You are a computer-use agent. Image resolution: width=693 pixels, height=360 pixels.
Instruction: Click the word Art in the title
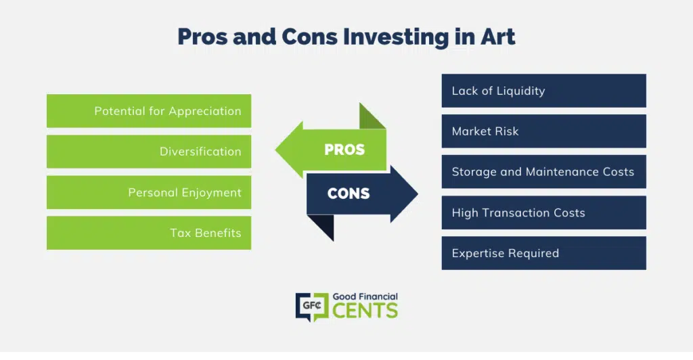pyautogui.click(x=498, y=37)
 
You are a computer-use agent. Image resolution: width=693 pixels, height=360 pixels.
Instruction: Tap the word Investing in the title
pyautogui.click(x=396, y=37)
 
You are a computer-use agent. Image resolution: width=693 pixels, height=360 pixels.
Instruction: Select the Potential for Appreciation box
pyautogui.click(x=149, y=111)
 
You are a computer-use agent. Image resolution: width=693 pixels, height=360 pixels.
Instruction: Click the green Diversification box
pyautogui.click(x=149, y=152)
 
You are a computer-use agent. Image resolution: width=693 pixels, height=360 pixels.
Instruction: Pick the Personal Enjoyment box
pyautogui.click(x=149, y=192)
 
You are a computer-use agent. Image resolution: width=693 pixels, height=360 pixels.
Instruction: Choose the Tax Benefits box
pyautogui.click(x=149, y=233)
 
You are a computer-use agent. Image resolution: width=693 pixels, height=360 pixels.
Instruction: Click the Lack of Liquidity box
pyautogui.click(x=543, y=91)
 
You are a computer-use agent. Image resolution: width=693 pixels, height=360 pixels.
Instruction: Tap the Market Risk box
pyautogui.click(x=543, y=131)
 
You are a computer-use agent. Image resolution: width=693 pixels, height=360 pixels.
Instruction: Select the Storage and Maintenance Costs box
pyautogui.click(x=543, y=171)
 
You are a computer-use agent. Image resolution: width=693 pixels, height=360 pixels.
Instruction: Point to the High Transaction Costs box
pyautogui.click(x=543, y=212)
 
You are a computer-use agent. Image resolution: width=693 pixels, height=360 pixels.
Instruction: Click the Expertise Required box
pyautogui.click(x=543, y=253)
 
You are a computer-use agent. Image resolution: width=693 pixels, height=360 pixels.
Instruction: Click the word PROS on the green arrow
pyautogui.click(x=344, y=150)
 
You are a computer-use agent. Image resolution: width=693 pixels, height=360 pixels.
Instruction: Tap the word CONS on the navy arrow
pyautogui.click(x=349, y=194)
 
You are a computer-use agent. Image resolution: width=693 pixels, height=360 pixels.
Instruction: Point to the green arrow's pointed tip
pyautogui.click(x=275, y=150)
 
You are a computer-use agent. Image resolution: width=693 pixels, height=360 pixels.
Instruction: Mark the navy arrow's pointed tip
pyautogui.click(x=418, y=194)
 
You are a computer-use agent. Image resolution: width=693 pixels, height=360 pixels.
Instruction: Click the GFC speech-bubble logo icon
pyautogui.click(x=312, y=306)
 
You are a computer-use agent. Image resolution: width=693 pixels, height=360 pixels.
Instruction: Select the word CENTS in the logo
pyautogui.click(x=365, y=311)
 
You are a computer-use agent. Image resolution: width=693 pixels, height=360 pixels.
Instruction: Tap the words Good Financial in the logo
pyautogui.click(x=365, y=297)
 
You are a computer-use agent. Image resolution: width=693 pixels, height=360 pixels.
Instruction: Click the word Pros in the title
pyautogui.click(x=202, y=37)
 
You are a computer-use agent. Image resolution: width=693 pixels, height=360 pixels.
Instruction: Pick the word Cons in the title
pyautogui.click(x=309, y=37)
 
